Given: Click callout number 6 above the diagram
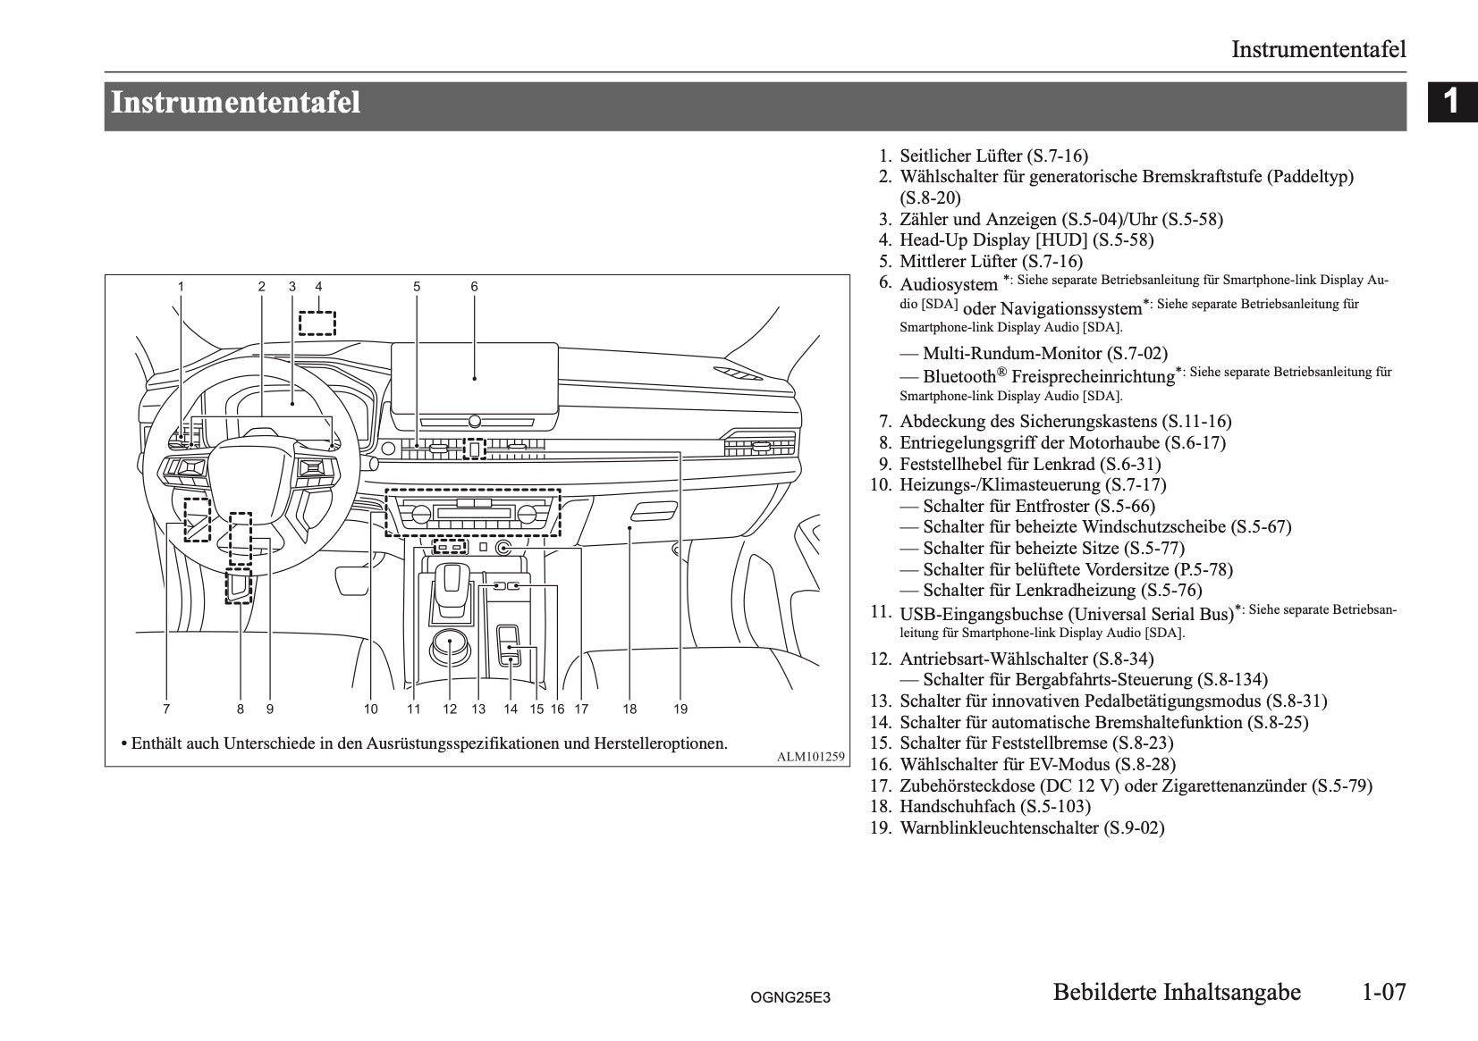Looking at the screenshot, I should coord(474,287).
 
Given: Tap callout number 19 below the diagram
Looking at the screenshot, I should coord(680,709).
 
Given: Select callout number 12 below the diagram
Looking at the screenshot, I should coord(450,709).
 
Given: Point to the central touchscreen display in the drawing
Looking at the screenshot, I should coord(474,375).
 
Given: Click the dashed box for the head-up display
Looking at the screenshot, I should coord(317,322).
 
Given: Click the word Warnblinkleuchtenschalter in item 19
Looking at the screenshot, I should coord(999,828).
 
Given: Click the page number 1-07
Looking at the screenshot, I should coord(1383,992).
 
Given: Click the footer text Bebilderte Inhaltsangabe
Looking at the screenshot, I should coord(1177,992).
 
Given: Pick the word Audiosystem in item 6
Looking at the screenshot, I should coord(948,285).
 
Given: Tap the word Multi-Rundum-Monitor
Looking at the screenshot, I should coord(1012,354).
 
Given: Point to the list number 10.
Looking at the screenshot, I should coord(881,485).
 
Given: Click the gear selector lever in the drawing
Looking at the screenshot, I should coord(452,586).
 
